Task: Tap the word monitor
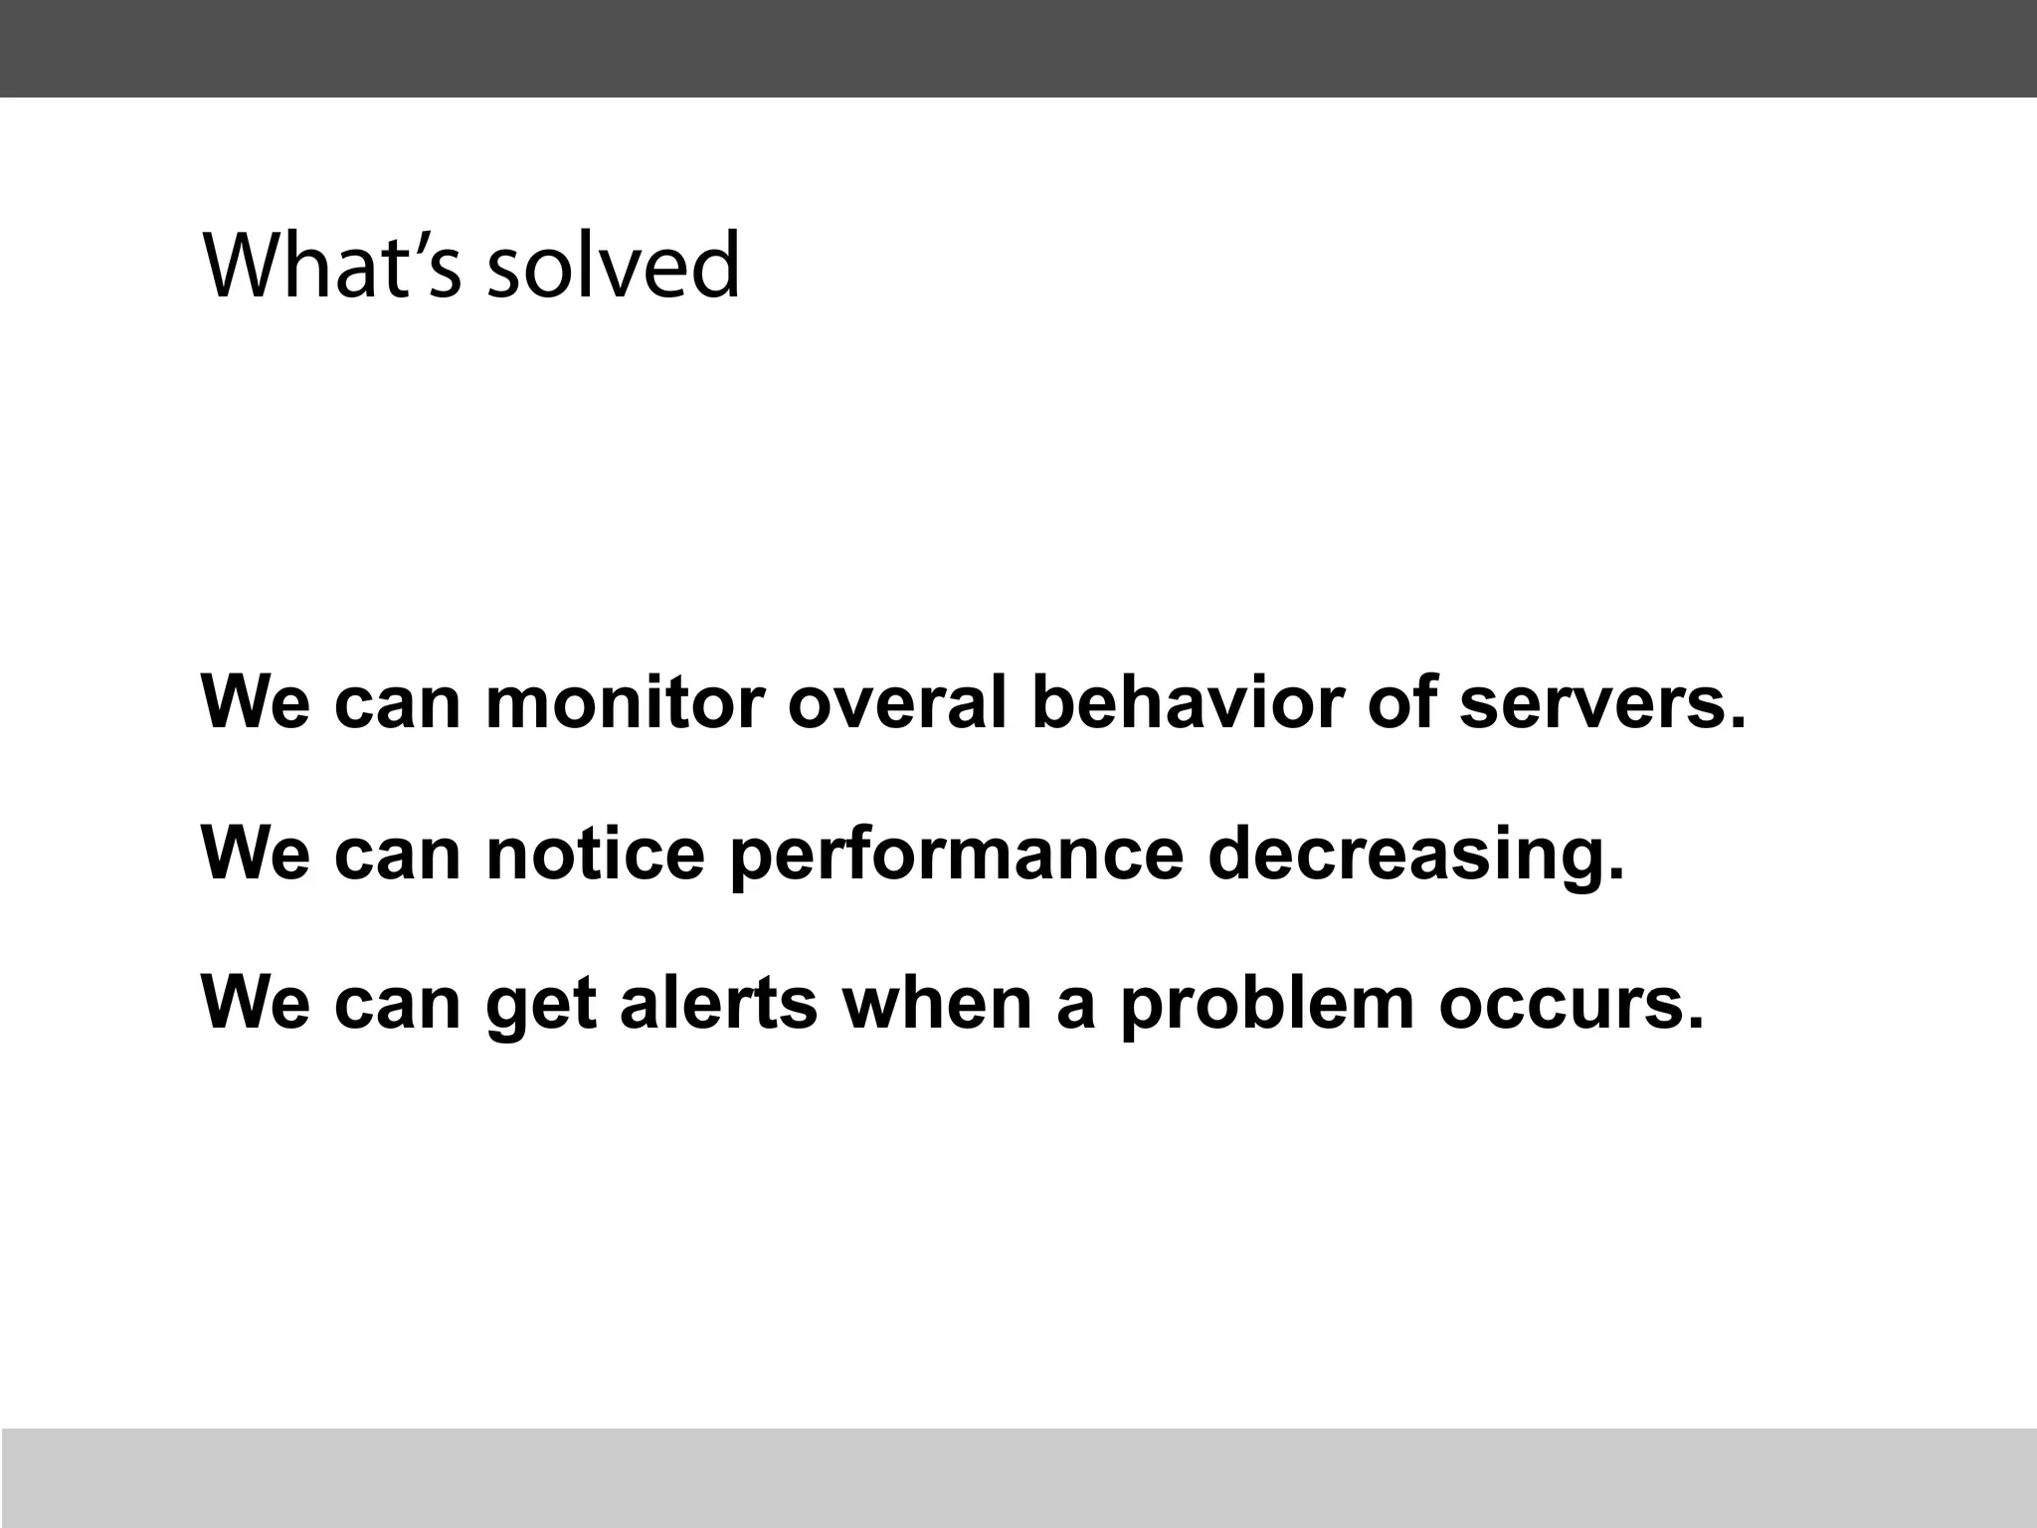click(625, 702)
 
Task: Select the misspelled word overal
click(897, 702)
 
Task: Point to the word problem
click(1266, 1005)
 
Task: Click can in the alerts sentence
click(397, 1005)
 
